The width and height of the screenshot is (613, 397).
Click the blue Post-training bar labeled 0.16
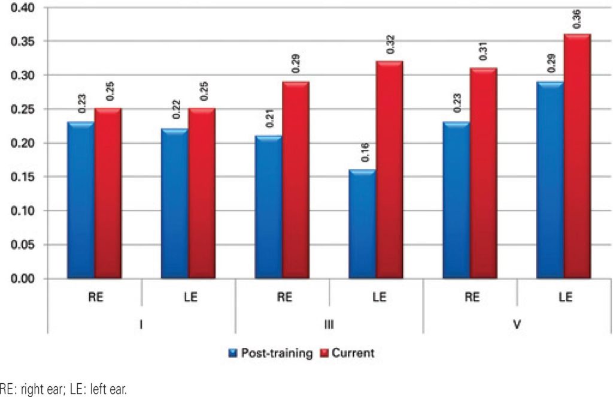362,224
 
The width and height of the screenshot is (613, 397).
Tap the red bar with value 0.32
389,170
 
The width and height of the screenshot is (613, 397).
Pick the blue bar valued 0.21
269,207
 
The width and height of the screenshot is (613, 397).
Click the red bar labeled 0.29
296,180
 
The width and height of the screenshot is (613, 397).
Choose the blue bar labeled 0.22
175,204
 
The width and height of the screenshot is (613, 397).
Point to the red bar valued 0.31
483,173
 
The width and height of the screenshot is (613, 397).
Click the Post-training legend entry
271,353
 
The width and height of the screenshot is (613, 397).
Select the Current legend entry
348,353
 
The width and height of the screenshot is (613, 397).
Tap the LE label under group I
189,297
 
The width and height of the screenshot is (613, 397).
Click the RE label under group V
470,297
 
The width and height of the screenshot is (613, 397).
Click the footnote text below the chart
63,389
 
